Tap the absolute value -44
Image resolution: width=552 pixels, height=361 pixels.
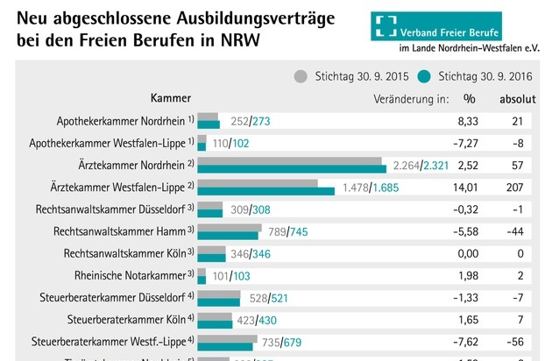[x=518, y=231]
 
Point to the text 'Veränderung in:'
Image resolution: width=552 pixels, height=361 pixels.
[x=411, y=99]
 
